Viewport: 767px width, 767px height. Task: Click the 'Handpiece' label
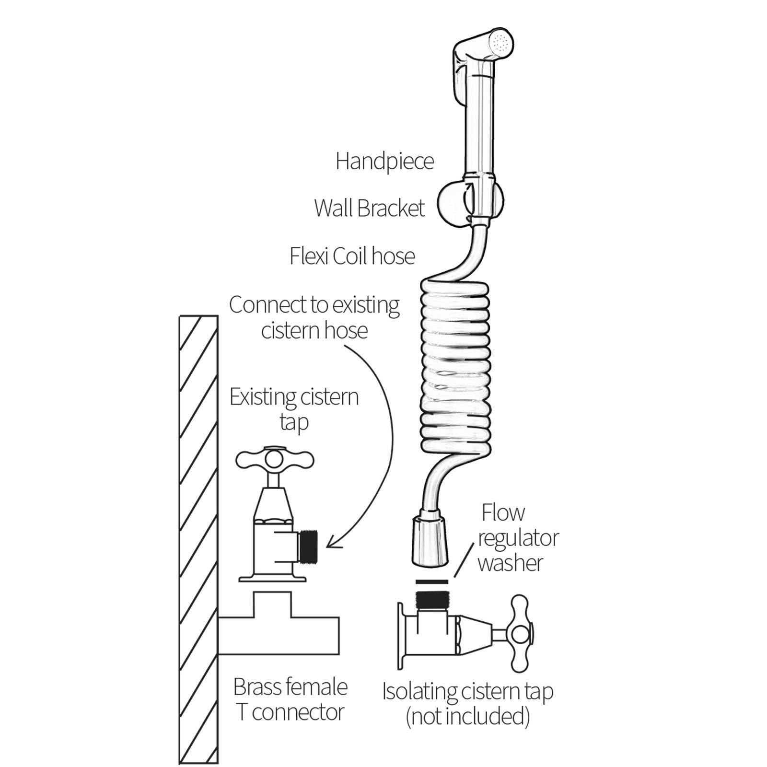pos(384,162)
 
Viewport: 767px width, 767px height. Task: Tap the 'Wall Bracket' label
pos(369,209)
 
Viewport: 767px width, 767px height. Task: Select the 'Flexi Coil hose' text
pos(352,256)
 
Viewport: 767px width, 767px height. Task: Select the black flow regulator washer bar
pos(432,582)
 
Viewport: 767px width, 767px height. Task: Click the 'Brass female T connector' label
pos(290,699)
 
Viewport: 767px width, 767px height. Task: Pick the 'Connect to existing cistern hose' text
pos(314,317)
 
